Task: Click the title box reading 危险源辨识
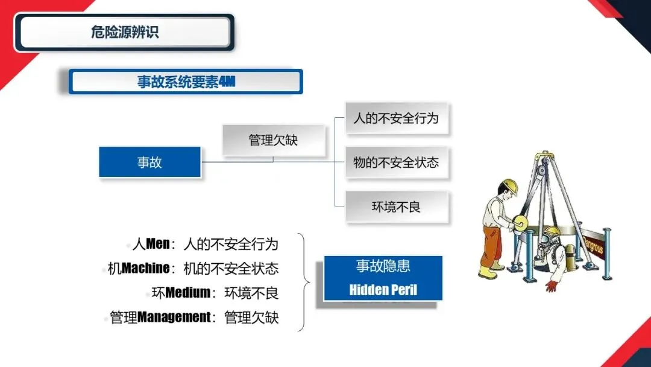[x=124, y=32]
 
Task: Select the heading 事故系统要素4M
[x=186, y=82]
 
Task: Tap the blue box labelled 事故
[x=149, y=162]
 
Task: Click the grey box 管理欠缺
[x=273, y=141]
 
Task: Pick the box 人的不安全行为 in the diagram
[x=396, y=118]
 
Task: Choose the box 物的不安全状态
[x=396, y=162]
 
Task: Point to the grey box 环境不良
[x=396, y=207]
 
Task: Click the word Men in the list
[x=158, y=244]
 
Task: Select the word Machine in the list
[x=146, y=268]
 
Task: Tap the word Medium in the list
[x=187, y=293]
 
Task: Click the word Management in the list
[x=174, y=317]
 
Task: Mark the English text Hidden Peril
[x=383, y=290]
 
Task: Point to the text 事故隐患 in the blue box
[x=383, y=266]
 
